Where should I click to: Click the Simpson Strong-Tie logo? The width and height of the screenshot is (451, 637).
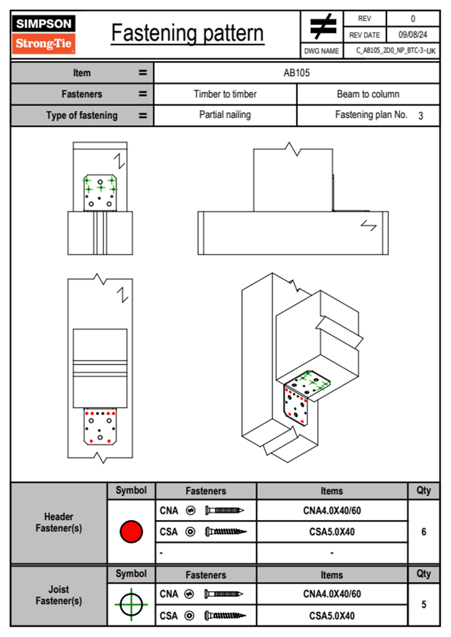tap(44, 34)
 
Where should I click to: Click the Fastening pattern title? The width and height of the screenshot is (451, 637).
tap(187, 33)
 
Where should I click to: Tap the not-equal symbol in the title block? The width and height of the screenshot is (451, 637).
tap(323, 27)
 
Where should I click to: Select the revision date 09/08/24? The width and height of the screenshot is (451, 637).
tap(412, 35)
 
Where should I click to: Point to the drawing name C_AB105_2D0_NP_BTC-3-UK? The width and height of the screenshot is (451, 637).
tap(395, 51)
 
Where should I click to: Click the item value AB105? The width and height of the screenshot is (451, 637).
tap(296, 73)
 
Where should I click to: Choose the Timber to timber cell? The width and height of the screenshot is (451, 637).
tap(225, 94)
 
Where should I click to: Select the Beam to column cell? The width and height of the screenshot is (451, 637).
tap(368, 94)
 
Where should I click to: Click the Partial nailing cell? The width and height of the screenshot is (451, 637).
tap(225, 115)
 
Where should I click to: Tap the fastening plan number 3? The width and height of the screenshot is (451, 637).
tap(420, 116)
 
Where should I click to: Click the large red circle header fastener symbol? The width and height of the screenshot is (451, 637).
tap(131, 531)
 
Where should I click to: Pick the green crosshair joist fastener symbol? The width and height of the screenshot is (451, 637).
tap(131, 604)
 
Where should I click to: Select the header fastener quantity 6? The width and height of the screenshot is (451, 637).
tap(423, 532)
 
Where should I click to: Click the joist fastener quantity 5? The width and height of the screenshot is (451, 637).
tap(423, 604)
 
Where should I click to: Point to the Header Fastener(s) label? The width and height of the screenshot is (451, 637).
tap(59, 522)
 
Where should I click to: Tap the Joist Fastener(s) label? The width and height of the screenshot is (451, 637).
tap(59, 595)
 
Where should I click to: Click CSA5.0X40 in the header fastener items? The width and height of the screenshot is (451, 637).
tap(332, 532)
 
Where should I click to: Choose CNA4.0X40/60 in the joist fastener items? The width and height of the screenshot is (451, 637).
tap(332, 594)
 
